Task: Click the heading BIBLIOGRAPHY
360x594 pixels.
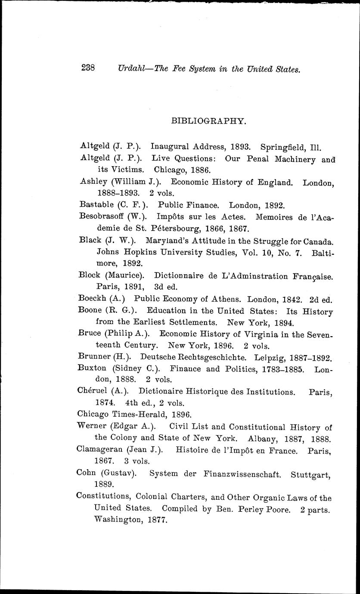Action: pos(209,121)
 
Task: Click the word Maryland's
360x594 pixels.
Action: pos(167,241)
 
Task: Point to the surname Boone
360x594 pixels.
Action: pos(90,310)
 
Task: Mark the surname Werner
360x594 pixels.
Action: pos(91,427)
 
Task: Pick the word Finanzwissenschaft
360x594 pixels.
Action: pos(244,474)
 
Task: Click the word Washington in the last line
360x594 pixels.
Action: pos(118,520)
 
